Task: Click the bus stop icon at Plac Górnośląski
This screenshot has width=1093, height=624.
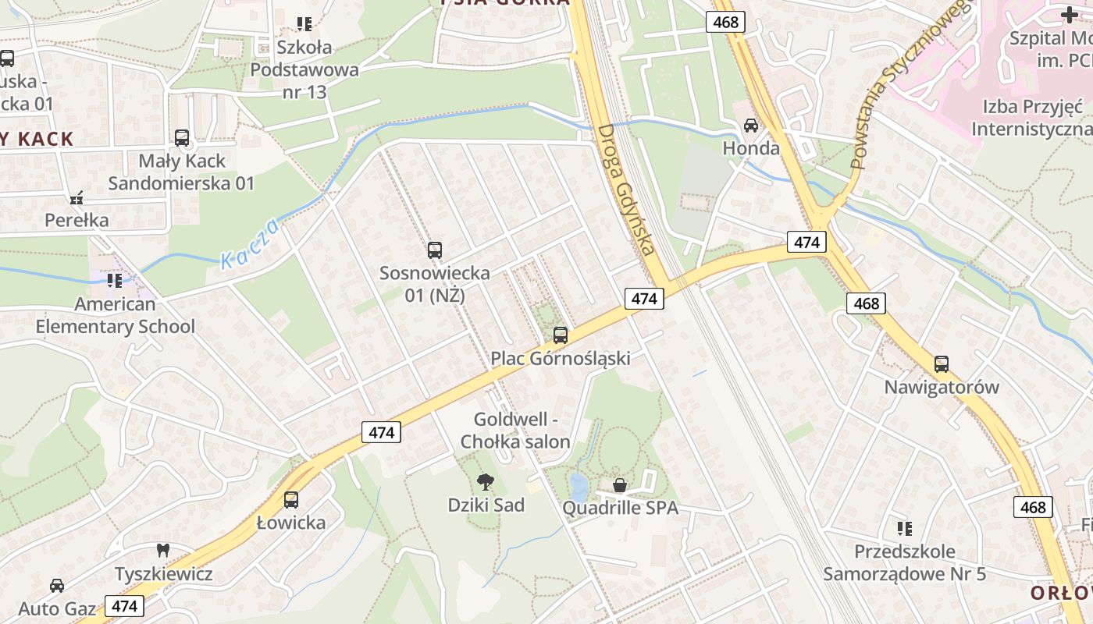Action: (x=560, y=335)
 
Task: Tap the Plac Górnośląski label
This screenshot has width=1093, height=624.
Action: (x=560, y=358)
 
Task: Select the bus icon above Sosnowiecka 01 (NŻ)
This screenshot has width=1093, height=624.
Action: (x=435, y=250)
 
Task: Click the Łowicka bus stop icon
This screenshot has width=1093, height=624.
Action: (x=291, y=500)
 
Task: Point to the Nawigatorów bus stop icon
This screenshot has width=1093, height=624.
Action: (x=942, y=364)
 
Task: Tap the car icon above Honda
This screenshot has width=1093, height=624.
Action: (x=751, y=125)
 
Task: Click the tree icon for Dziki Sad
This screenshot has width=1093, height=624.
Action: (x=486, y=482)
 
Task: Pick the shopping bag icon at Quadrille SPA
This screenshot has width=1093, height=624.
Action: (x=620, y=485)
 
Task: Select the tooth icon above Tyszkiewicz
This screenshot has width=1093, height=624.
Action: (x=163, y=551)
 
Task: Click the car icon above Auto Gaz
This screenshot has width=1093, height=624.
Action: (x=57, y=585)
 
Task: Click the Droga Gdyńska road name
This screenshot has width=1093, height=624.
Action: (x=625, y=190)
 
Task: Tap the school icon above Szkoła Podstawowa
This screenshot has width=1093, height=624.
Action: (x=304, y=24)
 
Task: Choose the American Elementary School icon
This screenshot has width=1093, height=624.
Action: (x=115, y=280)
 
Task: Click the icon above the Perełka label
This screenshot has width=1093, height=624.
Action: (x=76, y=198)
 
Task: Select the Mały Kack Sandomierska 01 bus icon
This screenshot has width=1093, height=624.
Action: (x=182, y=138)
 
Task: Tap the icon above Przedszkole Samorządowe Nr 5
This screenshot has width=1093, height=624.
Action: (x=904, y=529)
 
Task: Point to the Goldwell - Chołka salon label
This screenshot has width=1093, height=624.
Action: (x=515, y=430)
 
